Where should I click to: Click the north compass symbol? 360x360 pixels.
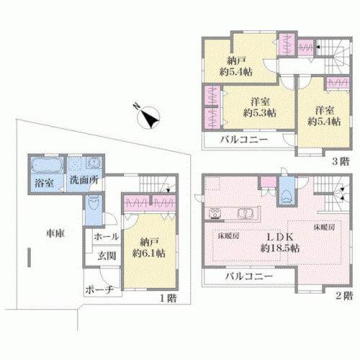coord(148,117)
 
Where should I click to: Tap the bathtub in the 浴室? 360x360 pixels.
coord(48,165)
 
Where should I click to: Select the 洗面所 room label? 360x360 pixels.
coord(84,180)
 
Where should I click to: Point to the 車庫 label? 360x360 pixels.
coord(55,233)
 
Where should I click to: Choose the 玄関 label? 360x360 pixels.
coord(107,256)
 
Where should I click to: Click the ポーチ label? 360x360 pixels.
coord(99,290)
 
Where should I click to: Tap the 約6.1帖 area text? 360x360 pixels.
coord(149,253)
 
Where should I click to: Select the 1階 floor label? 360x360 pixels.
coord(168,298)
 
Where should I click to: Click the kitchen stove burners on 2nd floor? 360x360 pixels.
coord(215,213)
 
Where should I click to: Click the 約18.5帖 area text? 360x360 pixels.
coord(280,248)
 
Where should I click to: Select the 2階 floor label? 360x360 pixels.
coord(344,295)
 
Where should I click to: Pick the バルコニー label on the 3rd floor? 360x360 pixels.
coord(244,139)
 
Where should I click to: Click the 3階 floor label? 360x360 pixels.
coord(341,161)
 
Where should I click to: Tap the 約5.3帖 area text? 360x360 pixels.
coord(260,113)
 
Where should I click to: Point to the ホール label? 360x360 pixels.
coord(107,237)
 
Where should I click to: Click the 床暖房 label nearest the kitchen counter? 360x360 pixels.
coord(228,236)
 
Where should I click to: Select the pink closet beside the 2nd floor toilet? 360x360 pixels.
coord(269,182)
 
